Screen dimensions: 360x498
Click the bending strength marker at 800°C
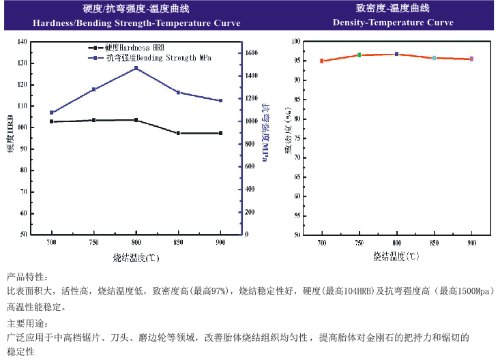(136, 68)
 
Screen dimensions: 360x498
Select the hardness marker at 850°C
(179, 133)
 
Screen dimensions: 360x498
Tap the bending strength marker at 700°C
(52, 112)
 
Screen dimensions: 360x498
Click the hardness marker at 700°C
(52, 121)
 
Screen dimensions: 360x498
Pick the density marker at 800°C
(396, 54)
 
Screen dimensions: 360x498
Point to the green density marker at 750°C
(360, 55)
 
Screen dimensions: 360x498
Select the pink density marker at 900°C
(471, 59)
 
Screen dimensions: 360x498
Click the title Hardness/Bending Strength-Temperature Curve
(136, 23)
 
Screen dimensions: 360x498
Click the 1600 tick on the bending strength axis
(251, 52)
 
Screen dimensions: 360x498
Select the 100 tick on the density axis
(296, 42)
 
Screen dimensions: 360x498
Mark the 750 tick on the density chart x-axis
(360, 243)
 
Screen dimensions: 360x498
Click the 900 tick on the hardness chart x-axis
(221, 243)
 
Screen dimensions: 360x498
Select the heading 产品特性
(27, 277)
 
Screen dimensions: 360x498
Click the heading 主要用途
(27, 322)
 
